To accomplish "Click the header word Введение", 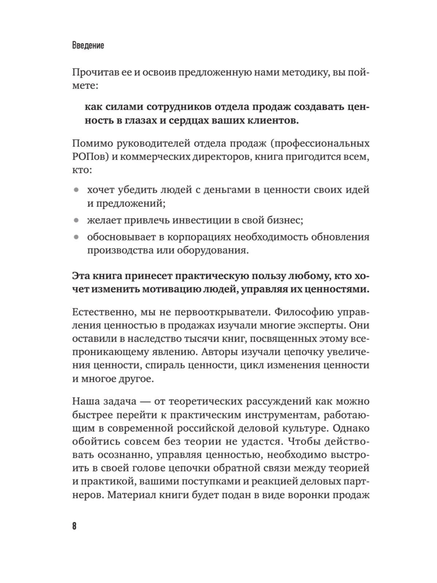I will [x=88, y=46].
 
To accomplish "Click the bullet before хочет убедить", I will [x=76, y=190].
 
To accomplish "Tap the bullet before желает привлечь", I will [x=76, y=220].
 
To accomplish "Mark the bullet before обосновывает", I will [x=76, y=237].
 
